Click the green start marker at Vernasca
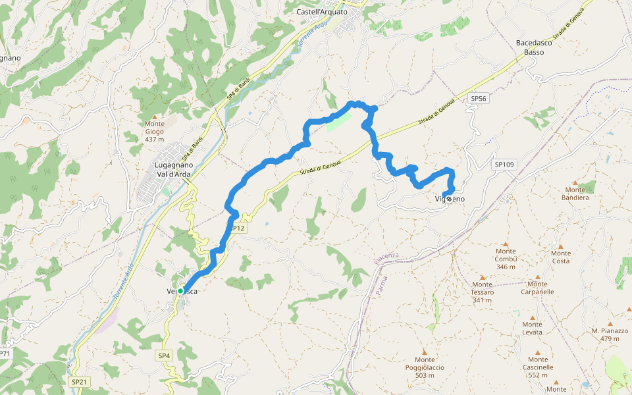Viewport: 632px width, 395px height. pyautogui.click(x=180, y=290)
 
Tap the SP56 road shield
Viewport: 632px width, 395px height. pyautogui.click(x=479, y=98)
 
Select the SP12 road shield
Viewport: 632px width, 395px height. pyautogui.click(x=238, y=228)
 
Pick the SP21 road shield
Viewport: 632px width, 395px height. pyautogui.click(x=79, y=381)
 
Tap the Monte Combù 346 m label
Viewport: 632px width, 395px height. pyautogui.click(x=506, y=259)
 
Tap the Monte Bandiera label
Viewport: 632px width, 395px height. pyautogui.click(x=575, y=194)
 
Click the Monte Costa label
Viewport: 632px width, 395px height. pyautogui.click(x=561, y=257)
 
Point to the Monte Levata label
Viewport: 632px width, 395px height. pyautogui.click(x=532, y=328)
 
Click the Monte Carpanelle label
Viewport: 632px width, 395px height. pyautogui.click(x=537, y=288)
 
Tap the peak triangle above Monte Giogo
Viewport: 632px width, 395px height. pyautogui.click(x=155, y=117)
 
